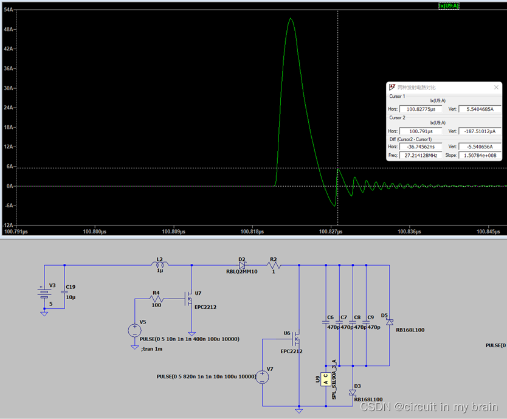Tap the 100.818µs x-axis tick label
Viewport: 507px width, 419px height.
tap(252, 231)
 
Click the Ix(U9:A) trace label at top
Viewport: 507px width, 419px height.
tap(449, 5)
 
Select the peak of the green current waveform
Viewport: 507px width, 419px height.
tap(291, 18)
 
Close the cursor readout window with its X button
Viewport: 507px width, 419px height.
tap(497, 88)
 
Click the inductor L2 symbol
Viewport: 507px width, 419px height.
tap(160, 265)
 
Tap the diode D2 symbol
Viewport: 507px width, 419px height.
tap(241, 265)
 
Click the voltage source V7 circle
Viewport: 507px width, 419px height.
tap(262, 377)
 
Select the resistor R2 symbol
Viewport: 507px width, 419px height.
tap(273, 265)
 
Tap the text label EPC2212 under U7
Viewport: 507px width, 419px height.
tap(205, 307)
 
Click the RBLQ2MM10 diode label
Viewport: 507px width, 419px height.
tap(242, 272)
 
